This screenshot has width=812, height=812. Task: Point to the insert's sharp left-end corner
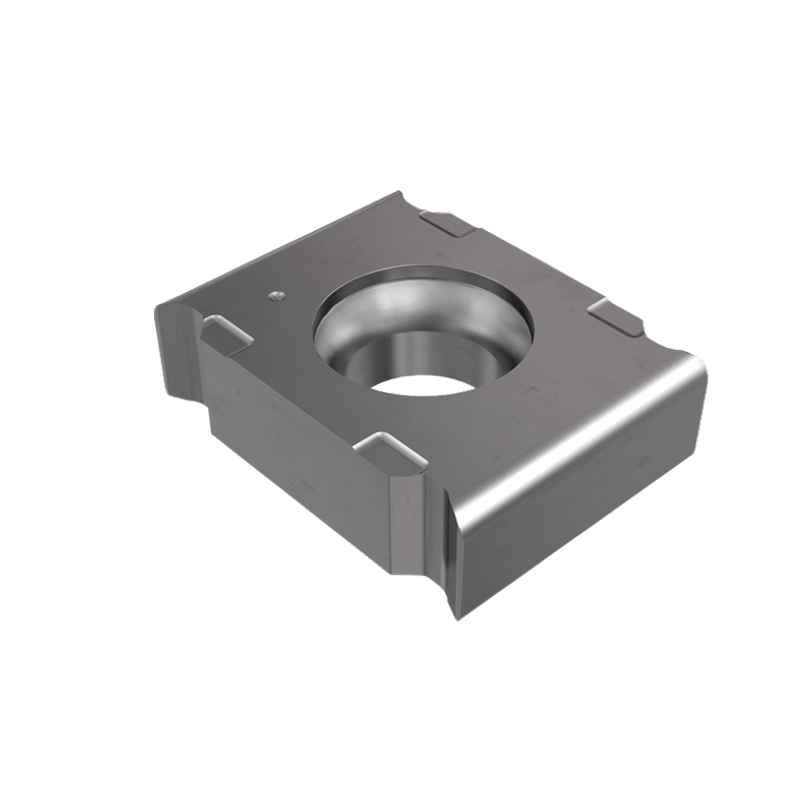158,302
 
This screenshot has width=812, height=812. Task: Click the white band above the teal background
406,76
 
